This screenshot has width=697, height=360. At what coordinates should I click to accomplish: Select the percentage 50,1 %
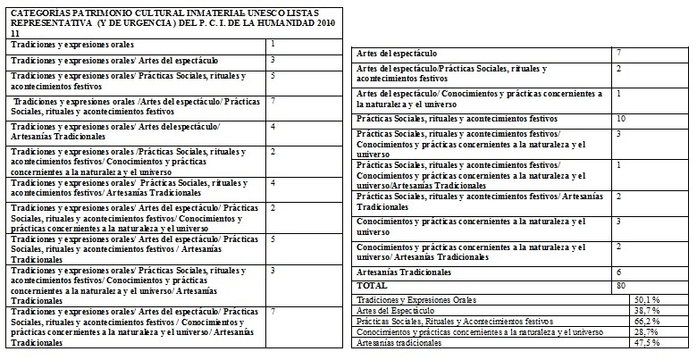tap(646, 299)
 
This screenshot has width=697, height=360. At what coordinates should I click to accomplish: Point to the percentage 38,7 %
tap(646, 310)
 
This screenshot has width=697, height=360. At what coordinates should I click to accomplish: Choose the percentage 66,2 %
tap(646, 321)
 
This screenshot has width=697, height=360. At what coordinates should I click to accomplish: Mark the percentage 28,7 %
tap(646, 331)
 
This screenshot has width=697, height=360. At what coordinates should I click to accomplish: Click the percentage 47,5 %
tap(646, 342)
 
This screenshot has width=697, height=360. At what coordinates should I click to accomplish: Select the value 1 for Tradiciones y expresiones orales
tap(272, 43)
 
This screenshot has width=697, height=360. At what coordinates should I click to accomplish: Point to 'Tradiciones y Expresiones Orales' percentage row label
tap(416, 299)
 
